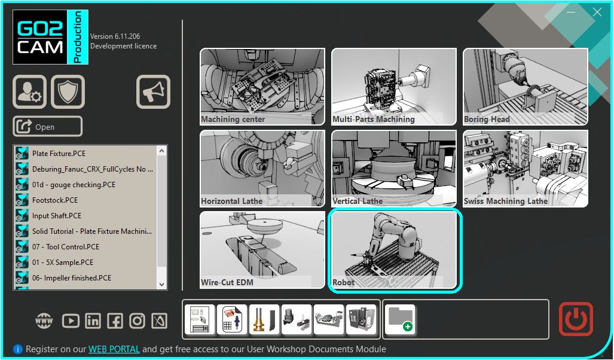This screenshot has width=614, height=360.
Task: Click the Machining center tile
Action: point(262,86)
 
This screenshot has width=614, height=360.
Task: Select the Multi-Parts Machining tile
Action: point(394,86)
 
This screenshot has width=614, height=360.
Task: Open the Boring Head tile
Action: point(525,86)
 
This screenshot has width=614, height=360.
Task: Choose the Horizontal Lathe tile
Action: point(262,169)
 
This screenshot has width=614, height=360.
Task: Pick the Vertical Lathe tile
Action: point(394,169)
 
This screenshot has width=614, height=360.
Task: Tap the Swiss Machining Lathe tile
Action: point(525,169)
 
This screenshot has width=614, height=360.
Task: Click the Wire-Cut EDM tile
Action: point(262,250)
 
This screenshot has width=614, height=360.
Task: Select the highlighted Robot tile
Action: point(394,250)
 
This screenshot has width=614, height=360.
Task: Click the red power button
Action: point(576,319)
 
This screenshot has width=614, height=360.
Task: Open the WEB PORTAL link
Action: point(114,349)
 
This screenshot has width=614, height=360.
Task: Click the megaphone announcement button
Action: point(154,91)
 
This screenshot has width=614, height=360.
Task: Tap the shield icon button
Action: point(68,91)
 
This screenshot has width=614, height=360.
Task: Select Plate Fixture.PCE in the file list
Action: point(59,154)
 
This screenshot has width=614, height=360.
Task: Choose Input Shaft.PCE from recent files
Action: point(57,216)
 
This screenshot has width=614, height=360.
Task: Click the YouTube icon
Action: point(71,321)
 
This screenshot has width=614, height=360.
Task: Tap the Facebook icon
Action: point(115,321)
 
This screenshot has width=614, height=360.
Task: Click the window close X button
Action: point(597,12)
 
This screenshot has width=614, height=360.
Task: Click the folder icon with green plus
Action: point(400,319)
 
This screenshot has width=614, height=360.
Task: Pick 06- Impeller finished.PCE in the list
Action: point(72,278)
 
